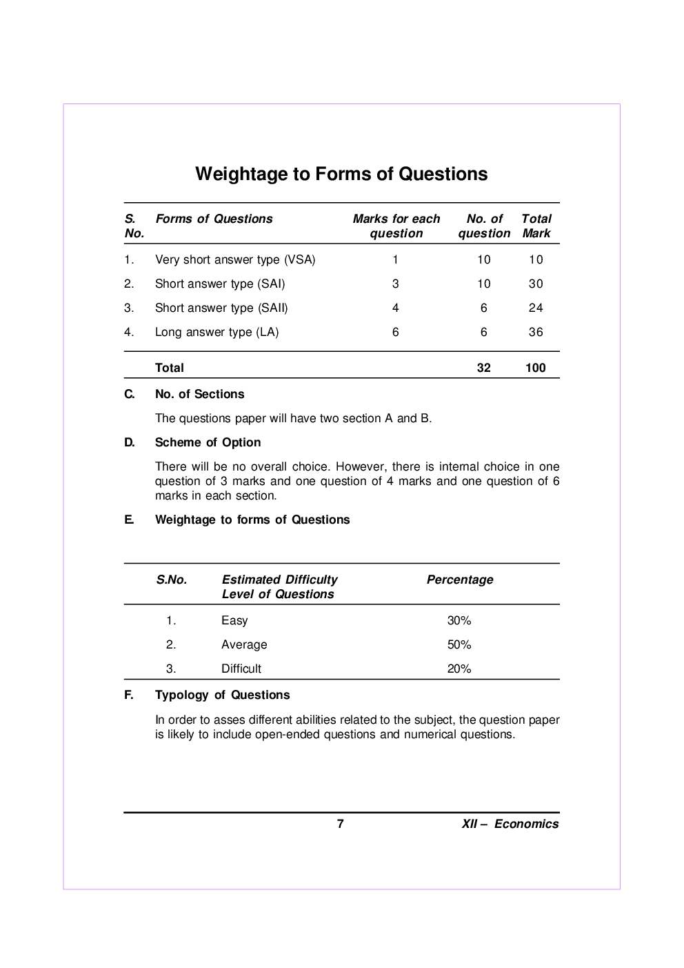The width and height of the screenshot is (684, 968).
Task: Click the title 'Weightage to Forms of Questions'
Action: [341, 174]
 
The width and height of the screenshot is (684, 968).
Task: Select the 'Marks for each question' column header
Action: [396, 226]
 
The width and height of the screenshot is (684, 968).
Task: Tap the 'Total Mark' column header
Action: [536, 226]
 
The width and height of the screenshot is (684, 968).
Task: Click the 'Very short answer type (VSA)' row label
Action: [235, 259]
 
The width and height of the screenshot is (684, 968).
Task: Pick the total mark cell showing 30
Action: [536, 284]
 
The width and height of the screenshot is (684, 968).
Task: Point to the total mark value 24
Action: [536, 308]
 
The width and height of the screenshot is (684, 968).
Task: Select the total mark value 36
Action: [536, 332]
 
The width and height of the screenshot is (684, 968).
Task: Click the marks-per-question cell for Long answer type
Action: [395, 332]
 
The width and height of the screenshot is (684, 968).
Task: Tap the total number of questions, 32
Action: [483, 368]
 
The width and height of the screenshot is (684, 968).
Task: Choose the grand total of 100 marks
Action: [535, 368]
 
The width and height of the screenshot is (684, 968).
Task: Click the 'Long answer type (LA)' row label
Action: [217, 332]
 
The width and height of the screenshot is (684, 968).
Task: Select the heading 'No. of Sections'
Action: [199, 394]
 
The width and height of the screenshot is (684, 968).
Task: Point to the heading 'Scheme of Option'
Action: [208, 442]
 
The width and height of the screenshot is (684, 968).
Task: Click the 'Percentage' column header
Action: [460, 580]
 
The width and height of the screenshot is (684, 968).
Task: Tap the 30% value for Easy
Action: [459, 620]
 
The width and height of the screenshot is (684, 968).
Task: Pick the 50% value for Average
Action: [459, 644]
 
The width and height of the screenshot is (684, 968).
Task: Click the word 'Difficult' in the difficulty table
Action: [241, 669]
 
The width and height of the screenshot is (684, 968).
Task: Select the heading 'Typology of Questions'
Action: [222, 695]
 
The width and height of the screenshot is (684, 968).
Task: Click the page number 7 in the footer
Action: [340, 823]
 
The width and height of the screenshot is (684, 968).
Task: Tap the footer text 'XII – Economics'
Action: [510, 824]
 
